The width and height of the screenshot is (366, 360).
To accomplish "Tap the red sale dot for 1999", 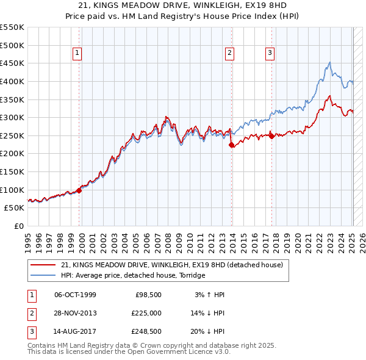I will (x=79, y=190).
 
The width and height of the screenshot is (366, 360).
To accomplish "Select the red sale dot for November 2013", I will (x=232, y=145).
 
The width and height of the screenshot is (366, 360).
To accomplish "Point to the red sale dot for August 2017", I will (x=271, y=136).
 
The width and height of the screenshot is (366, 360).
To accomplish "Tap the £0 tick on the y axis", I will (x=20, y=226).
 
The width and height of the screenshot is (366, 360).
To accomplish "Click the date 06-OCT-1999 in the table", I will (x=75, y=295).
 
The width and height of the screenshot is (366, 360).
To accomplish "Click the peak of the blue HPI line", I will (x=329, y=62).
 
